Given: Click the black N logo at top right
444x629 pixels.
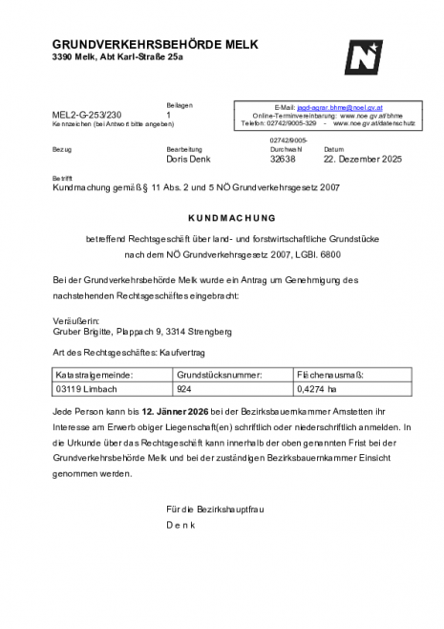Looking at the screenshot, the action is click(x=365, y=57).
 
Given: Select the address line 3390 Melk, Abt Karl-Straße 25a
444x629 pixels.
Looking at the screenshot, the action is click(x=117, y=58).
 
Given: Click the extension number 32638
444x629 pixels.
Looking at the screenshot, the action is click(x=284, y=159).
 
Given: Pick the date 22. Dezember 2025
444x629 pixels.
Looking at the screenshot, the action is click(x=363, y=159).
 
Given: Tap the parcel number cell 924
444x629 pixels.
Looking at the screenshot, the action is click(x=184, y=390).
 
